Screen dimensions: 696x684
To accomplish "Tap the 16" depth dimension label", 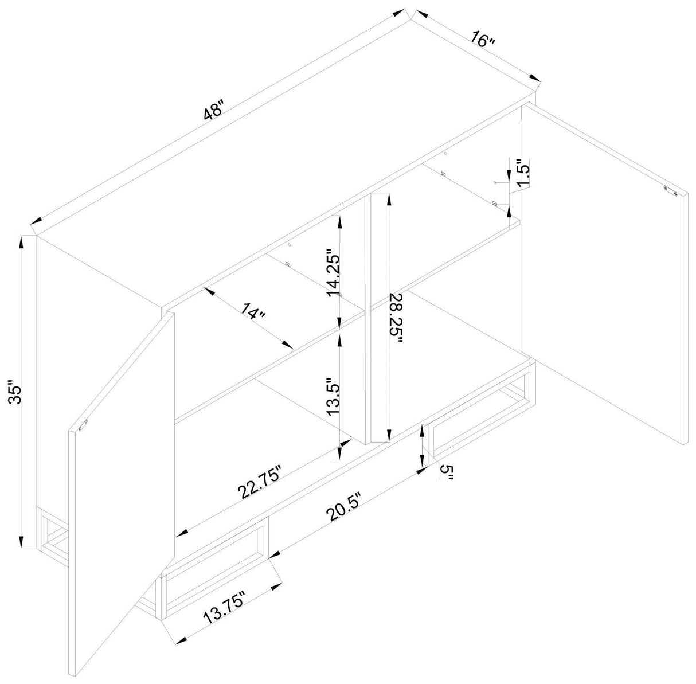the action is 482,40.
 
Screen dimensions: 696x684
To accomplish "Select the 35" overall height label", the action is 17,396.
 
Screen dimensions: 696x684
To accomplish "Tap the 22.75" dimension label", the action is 259,482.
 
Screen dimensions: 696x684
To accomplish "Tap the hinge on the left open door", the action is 83,425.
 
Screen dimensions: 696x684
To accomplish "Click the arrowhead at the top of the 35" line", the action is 21,243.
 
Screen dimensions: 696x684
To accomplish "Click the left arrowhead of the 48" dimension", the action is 37,220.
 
